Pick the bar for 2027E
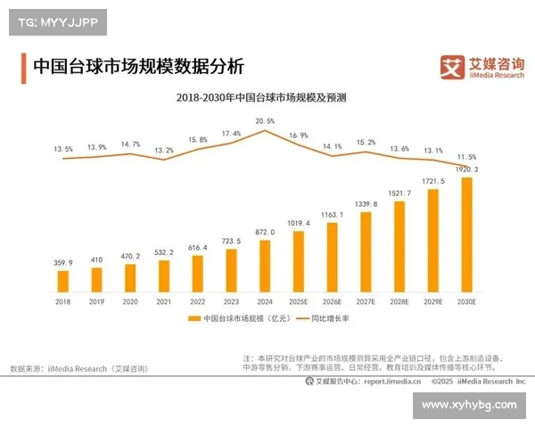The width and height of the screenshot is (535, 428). point(366,252)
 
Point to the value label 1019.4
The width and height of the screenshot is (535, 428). point(299,223)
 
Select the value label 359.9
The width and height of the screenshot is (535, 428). point(63,263)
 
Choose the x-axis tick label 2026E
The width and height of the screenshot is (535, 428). point(332,303)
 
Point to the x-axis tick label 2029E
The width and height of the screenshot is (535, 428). point(432,303)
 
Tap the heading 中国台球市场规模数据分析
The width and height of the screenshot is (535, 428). point(137,66)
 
